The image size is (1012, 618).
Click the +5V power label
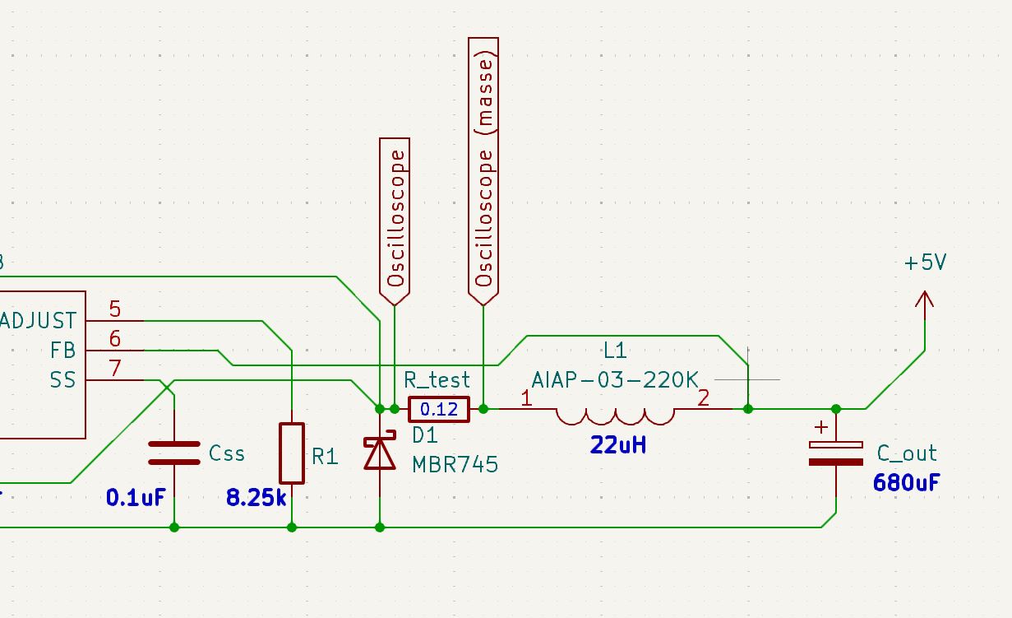(925, 263)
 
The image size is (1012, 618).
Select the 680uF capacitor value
(907, 481)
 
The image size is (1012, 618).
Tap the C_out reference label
(907, 453)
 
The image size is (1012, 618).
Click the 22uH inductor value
(617, 446)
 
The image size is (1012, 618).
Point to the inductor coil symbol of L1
(617, 416)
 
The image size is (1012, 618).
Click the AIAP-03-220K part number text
(615, 380)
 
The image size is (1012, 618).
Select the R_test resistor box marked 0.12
(439, 409)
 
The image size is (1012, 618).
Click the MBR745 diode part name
(455, 464)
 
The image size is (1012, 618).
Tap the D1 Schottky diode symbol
(380, 453)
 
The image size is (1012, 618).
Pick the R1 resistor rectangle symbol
(292, 453)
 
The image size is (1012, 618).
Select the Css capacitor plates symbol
(174, 453)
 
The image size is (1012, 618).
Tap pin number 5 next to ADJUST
(115, 310)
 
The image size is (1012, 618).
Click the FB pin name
(62, 351)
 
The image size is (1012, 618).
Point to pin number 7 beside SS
(115, 369)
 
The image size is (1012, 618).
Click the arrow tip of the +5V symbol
(925, 295)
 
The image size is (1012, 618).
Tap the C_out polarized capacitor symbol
(835, 453)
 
